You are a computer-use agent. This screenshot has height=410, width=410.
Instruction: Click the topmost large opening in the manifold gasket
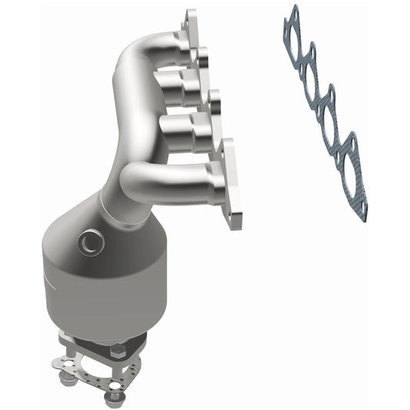[295, 38]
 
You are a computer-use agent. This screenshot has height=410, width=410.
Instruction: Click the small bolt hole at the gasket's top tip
[292, 11]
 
